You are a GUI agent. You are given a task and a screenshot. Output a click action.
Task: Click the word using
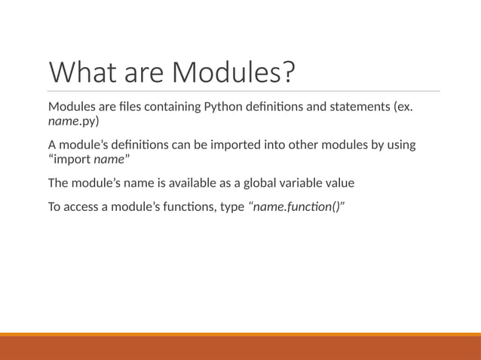pos(400,145)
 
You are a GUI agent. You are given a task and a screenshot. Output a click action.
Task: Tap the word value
pos(351,183)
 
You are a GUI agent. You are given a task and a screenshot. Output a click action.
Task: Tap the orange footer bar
pos(240,347)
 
